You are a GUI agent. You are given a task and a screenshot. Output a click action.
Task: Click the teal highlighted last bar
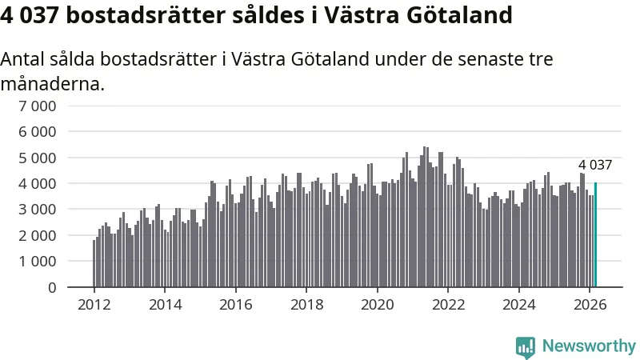click(x=595, y=234)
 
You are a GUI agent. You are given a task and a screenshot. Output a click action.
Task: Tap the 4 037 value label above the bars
click(x=595, y=166)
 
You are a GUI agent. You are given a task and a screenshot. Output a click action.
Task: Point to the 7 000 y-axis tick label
click(x=37, y=106)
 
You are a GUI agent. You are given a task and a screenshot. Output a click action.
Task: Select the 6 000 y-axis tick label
click(x=37, y=131)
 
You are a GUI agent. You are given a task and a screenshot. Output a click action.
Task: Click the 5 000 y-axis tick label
click(x=37, y=158)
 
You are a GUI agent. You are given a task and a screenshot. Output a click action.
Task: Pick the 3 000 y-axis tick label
click(x=37, y=209)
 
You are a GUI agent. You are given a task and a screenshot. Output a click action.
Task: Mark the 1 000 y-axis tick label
click(x=37, y=261)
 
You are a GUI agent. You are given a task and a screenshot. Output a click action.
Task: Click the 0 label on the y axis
click(x=51, y=286)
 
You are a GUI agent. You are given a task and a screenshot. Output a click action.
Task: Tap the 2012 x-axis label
click(x=94, y=304)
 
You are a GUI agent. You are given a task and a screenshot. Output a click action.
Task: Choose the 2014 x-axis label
click(x=165, y=304)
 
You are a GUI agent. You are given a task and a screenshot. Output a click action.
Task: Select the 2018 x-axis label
click(x=306, y=304)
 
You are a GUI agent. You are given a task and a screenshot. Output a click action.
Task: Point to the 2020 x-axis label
click(x=377, y=304)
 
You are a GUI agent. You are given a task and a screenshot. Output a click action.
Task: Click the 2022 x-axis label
click(x=448, y=304)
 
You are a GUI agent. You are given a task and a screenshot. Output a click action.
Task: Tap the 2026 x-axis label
click(x=590, y=304)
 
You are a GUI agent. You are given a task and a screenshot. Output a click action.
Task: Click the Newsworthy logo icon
click(x=526, y=346)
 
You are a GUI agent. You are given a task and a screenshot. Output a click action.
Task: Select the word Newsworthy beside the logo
click(x=589, y=346)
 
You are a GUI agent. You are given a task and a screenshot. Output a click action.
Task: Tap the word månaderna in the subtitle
click(x=52, y=83)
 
